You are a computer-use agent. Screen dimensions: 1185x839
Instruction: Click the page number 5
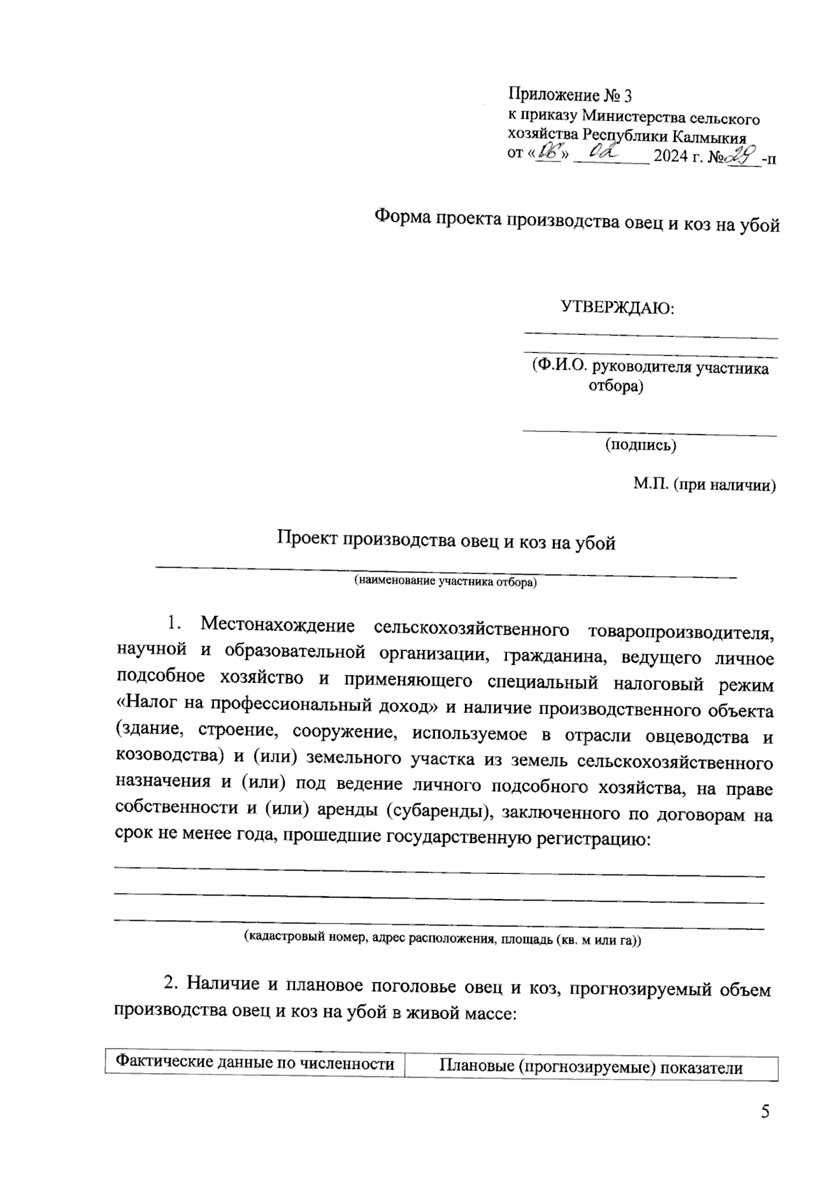765,1112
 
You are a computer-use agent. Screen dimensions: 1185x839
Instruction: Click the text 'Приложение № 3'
570,96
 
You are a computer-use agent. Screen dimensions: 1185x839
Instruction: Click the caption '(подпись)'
640,445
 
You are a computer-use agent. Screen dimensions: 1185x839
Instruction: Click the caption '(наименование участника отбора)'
445,581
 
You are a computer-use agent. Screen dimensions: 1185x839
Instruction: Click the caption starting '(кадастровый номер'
442,939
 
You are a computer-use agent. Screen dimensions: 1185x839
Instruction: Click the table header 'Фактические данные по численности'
254,1064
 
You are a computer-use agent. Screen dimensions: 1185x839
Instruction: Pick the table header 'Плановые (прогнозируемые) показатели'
591,1067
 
